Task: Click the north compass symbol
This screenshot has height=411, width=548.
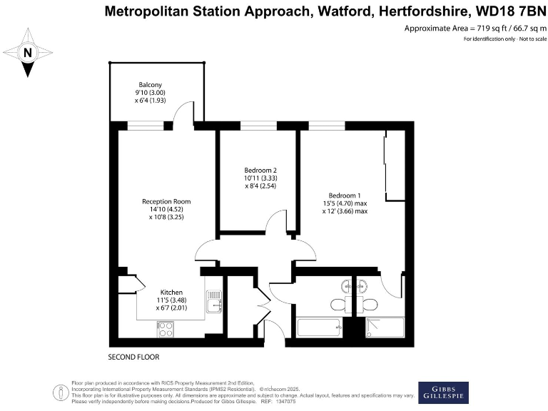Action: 27,52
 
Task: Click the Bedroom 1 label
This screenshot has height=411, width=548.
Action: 345,203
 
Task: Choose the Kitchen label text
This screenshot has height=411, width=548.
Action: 171,300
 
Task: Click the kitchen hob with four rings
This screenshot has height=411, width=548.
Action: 166,329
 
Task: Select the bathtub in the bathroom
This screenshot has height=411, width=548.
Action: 318,328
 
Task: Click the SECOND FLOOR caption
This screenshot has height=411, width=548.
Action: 133,356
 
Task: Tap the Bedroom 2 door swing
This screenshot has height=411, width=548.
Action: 275,223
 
